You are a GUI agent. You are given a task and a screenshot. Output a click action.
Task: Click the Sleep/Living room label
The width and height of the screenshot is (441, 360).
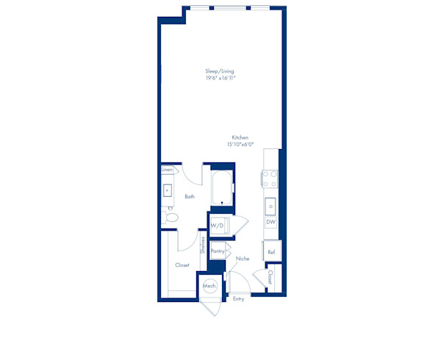[x=220, y=71]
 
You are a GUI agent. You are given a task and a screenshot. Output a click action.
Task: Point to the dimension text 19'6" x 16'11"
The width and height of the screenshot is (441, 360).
[x=220, y=78]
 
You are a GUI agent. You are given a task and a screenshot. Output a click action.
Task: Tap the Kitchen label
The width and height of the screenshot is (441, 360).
[x=240, y=137]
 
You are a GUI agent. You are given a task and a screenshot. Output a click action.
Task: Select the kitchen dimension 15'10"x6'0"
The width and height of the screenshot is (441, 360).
[x=240, y=145]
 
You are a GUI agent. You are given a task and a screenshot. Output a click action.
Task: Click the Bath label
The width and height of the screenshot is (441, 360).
[x=190, y=196]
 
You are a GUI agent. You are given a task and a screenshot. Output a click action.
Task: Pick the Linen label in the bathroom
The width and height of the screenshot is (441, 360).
[x=167, y=170]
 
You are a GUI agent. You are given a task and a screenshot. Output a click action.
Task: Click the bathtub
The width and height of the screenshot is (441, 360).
[x=222, y=187]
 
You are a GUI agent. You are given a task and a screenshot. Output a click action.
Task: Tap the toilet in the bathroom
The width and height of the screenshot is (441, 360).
[x=171, y=217]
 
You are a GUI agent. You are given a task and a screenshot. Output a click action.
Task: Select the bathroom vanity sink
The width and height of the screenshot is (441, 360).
[x=168, y=190]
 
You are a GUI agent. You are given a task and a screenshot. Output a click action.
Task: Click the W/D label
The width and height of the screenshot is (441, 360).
[x=217, y=226]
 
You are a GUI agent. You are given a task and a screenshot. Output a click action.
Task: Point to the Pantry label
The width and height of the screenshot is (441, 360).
[x=218, y=251]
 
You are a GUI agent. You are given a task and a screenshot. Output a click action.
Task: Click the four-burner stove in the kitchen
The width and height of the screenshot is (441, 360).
[x=270, y=179]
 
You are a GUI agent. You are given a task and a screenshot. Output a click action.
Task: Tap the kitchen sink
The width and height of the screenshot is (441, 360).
[x=270, y=206]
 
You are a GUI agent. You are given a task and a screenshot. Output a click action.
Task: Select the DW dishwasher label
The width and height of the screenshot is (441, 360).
[x=270, y=222]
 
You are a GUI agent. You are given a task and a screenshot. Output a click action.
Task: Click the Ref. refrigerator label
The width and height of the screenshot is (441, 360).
[x=272, y=252]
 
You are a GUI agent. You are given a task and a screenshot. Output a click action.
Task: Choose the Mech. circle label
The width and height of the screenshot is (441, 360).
[x=209, y=286]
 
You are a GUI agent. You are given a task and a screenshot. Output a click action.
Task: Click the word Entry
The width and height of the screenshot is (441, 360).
[x=238, y=299]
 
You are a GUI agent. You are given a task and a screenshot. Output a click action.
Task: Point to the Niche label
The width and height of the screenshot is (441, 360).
[x=243, y=259]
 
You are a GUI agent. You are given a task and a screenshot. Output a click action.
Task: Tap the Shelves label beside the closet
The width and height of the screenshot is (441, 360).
[x=203, y=245]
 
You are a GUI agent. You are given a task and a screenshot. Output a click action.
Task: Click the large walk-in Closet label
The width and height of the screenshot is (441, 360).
[x=182, y=264]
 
